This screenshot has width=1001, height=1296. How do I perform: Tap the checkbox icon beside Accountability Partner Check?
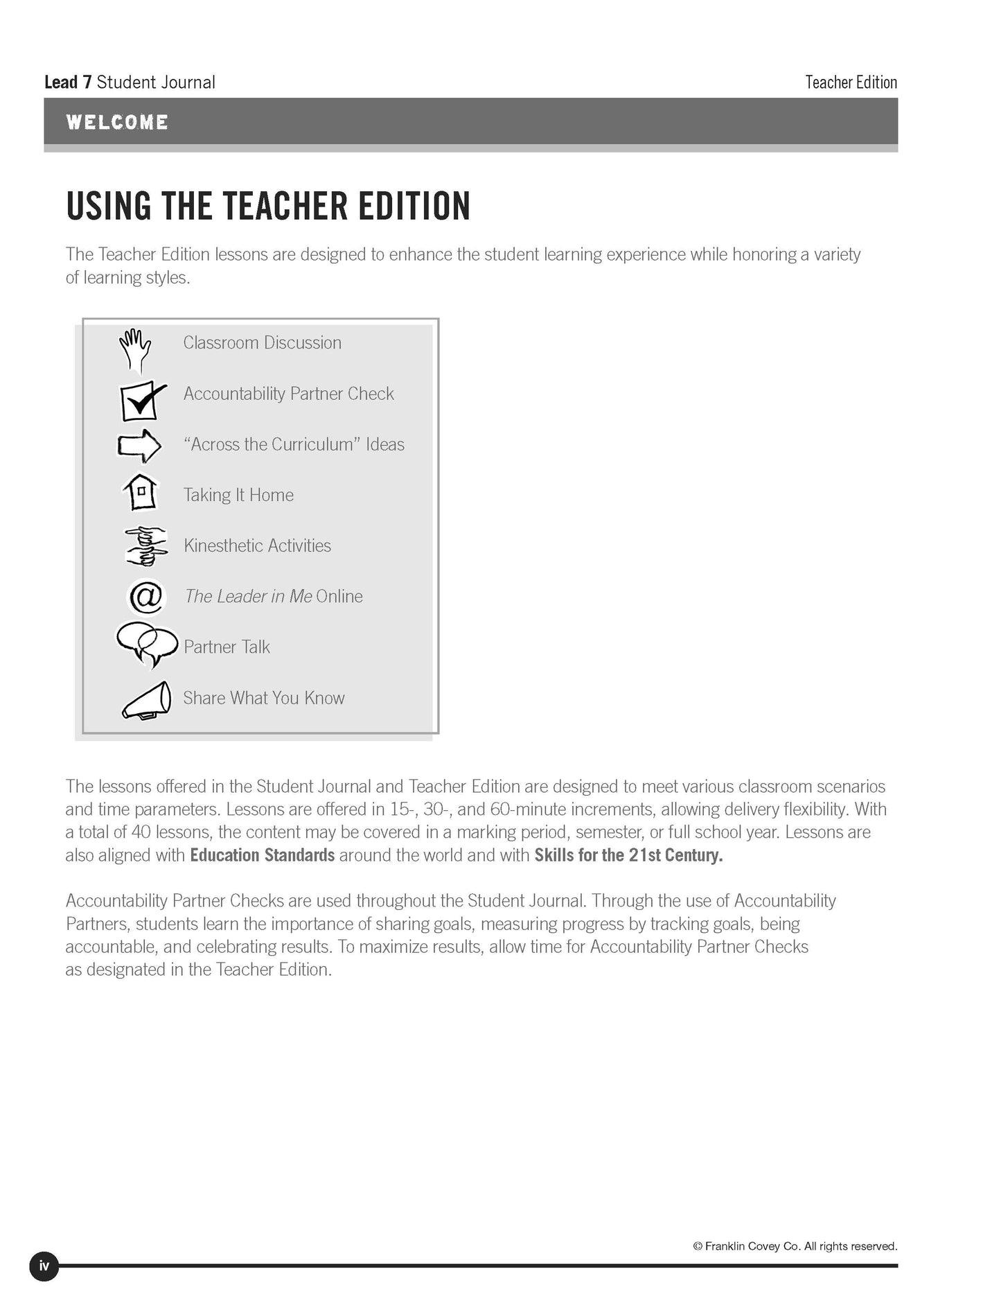click(x=141, y=401)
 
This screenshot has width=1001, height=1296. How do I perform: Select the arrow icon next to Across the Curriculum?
click(x=139, y=446)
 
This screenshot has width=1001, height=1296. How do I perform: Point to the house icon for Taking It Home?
click(x=141, y=493)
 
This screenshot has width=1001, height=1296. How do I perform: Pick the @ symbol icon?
click(x=146, y=597)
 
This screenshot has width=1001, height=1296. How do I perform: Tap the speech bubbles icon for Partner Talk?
click(x=145, y=645)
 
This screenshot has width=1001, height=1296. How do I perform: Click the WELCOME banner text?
click(x=117, y=123)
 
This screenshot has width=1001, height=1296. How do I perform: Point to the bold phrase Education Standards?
click(x=263, y=855)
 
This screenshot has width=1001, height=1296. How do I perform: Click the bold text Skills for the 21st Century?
click(x=628, y=855)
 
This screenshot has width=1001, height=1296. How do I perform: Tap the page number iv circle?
click(x=44, y=1267)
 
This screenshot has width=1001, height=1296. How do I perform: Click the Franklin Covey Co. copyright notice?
click(x=795, y=1246)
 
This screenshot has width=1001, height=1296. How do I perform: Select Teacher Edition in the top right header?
click(x=851, y=82)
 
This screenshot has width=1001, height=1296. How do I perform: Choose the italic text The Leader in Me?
click(x=248, y=597)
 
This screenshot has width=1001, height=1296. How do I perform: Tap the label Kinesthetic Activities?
click(x=257, y=546)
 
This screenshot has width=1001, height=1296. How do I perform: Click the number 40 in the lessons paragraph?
click(x=141, y=832)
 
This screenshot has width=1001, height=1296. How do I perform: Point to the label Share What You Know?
click(x=264, y=698)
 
